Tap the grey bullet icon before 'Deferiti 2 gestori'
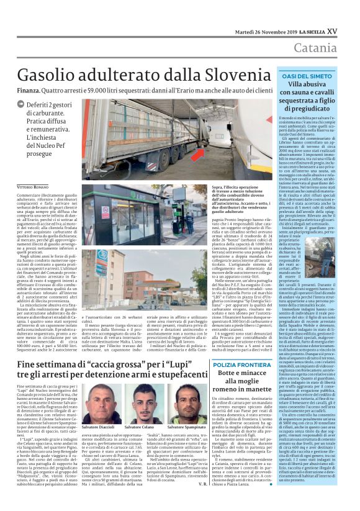(x=21, y=106)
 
